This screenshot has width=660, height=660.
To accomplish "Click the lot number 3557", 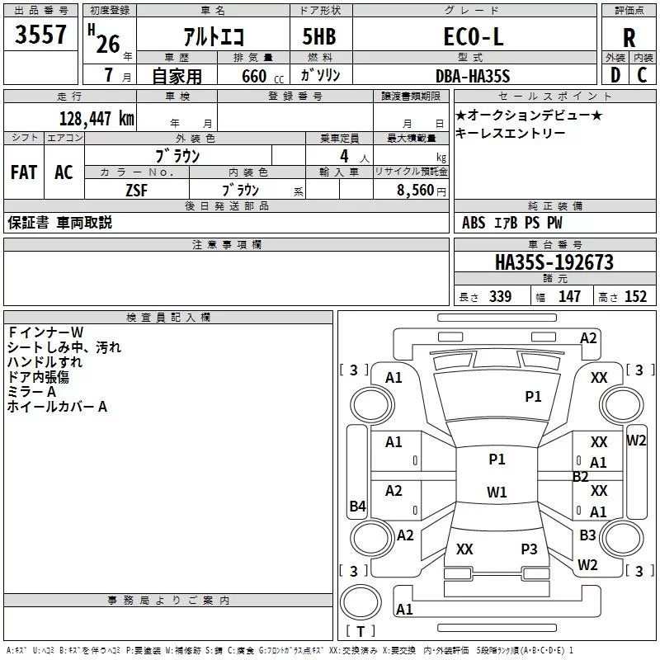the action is point(40,34).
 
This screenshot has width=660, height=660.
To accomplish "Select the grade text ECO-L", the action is point(474,36).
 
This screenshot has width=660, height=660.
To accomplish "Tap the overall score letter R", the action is point(629,38).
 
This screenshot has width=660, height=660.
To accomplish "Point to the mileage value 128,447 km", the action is point(97,119).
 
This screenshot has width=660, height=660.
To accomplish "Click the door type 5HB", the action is point(319,36).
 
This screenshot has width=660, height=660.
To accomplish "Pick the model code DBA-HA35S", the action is point(473,76).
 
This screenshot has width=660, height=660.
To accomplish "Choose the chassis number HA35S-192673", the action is point(554,262).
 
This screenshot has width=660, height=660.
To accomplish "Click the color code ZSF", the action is point(137,191).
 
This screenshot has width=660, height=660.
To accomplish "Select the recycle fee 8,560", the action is point(415,190).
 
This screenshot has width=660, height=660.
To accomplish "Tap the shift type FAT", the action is point(24,172).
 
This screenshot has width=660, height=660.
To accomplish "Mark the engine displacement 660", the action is point(254,76).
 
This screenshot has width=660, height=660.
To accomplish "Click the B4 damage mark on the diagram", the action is point(358,506).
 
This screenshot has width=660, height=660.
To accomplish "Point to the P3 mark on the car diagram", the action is point(529,549).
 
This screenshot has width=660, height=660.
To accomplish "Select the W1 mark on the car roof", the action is point(497,492).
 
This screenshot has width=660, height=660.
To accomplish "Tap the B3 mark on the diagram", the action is point(587,535).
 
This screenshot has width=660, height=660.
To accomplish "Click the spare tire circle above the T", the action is point(361,602).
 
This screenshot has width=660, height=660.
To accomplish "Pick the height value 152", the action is point(635,297).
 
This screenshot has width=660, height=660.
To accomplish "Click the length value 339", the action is point(501,297).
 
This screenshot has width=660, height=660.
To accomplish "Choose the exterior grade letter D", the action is point(615,75).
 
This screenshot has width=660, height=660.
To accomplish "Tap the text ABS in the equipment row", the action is point(474,223).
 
